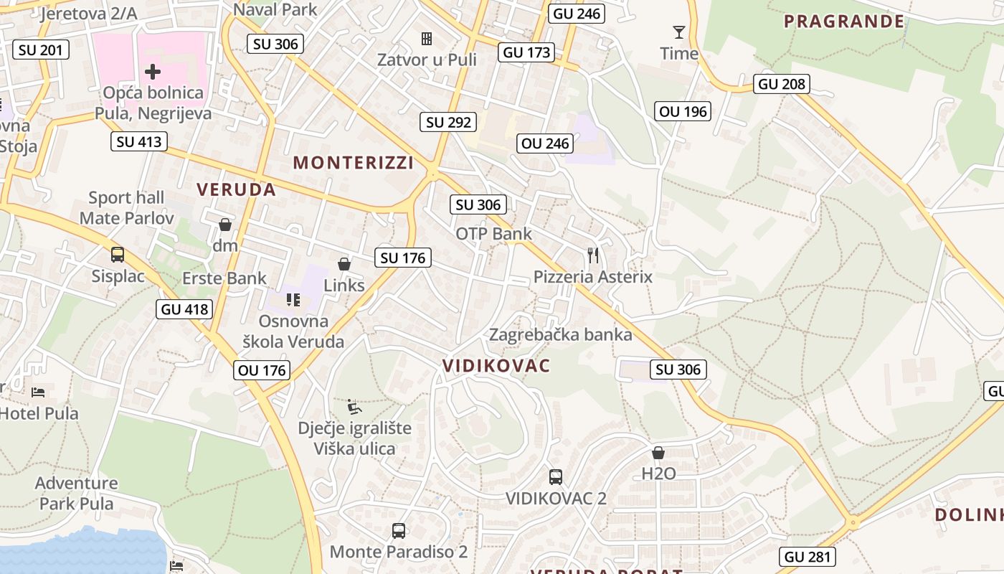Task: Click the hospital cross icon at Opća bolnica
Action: (152, 71)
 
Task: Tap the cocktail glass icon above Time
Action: (678, 32)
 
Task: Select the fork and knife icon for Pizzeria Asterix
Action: (592, 255)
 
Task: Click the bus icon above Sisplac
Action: (117, 254)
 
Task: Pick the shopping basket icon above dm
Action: (225, 225)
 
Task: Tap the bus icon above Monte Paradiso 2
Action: (399, 531)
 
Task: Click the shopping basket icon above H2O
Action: (658, 453)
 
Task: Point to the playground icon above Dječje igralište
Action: (354, 407)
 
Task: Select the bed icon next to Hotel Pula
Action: (38, 392)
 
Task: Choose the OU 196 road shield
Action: (683, 110)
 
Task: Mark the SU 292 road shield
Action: (449, 122)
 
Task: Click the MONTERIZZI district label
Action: (354, 163)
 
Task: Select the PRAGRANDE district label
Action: (844, 21)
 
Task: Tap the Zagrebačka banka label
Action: (561, 334)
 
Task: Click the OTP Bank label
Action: (494, 233)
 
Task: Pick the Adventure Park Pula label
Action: (76, 493)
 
